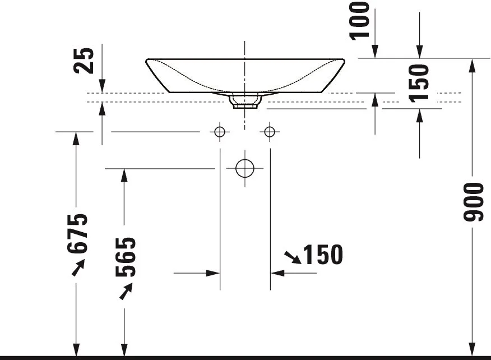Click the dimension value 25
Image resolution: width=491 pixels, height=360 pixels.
click(x=84, y=61)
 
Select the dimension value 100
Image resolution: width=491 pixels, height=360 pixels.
click(x=360, y=21)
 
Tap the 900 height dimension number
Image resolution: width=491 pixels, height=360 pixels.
click(x=474, y=202)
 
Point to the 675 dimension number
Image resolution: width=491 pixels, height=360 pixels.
click(x=77, y=233)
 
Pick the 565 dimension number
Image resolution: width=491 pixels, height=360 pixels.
click(x=126, y=257)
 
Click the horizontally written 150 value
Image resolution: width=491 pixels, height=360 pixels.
click(x=323, y=255)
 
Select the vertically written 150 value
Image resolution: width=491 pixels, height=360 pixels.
click(x=419, y=84)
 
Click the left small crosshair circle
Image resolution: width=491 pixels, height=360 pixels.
click(x=220, y=132)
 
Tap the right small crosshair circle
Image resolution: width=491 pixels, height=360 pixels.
click(x=270, y=132)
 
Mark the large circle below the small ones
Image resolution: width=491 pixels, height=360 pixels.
click(x=245, y=159)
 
